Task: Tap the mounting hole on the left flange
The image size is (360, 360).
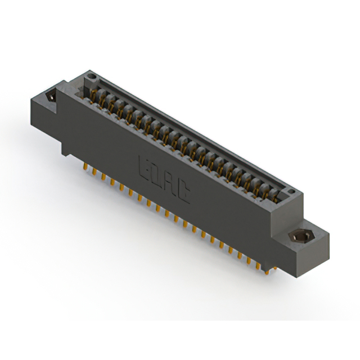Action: (51, 97)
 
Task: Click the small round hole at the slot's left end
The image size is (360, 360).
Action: (92, 76)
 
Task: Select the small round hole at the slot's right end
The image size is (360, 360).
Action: (291, 191)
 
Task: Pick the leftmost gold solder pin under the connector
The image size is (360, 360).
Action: (85, 166)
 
